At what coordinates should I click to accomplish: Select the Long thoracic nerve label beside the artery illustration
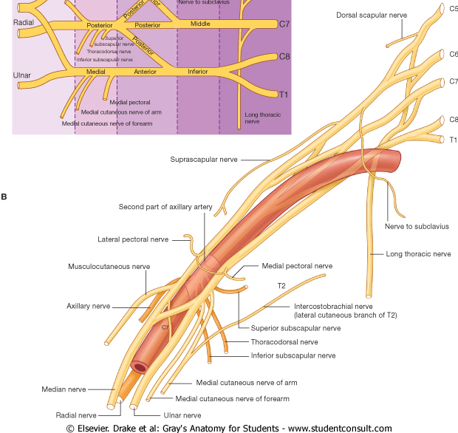pyautogui.click(x=418, y=254)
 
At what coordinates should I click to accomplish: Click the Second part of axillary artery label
pyautogui.click(x=161, y=207)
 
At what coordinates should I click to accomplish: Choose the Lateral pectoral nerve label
pyautogui.click(x=133, y=239)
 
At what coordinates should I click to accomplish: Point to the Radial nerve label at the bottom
pyautogui.click(x=76, y=415)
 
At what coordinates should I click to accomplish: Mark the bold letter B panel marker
pyautogui.click(x=4, y=197)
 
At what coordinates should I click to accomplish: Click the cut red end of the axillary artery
pyautogui.click(x=139, y=366)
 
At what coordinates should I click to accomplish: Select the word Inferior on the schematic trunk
pyautogui.click(x=198, y=72)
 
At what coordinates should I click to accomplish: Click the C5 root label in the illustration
pyautogui.click(x=453, y=9)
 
